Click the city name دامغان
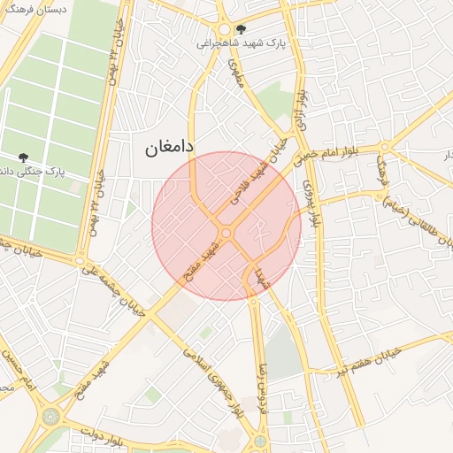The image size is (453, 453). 169,147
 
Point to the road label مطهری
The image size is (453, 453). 235,74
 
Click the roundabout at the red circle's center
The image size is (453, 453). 226,232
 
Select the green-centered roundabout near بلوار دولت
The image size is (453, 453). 50,414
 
